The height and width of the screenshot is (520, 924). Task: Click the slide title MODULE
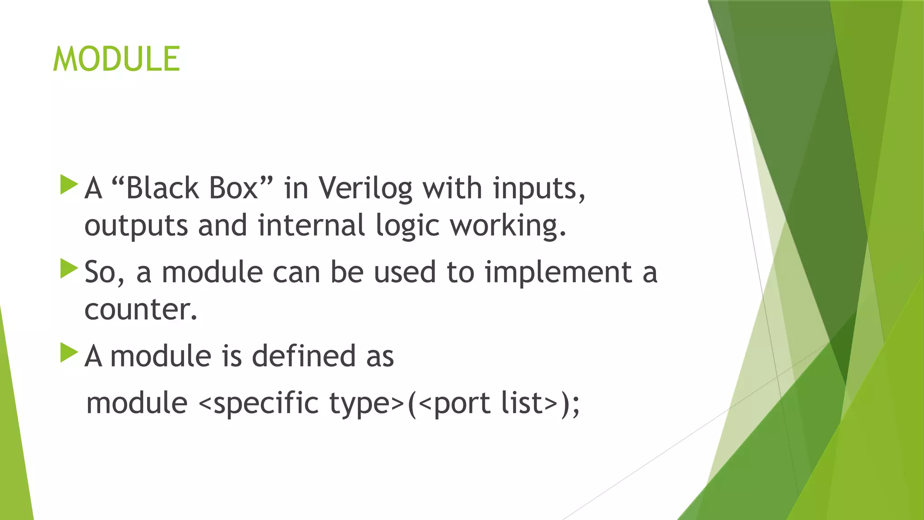(116, 59)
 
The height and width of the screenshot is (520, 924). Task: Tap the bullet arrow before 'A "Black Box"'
(69, 185)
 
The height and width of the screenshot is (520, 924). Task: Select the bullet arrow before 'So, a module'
(69, 269)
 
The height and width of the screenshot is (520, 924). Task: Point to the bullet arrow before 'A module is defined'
(69, 353)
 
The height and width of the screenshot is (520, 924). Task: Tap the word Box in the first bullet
(233, 188)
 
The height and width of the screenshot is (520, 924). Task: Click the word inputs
(539, 188)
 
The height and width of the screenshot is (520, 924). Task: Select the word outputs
(136, 226)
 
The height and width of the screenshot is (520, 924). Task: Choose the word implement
(558, 272)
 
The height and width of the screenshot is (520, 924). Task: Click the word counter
(140, 310)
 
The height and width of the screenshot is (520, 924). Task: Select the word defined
(303, 356)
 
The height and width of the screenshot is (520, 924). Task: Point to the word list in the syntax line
(522, 403)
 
